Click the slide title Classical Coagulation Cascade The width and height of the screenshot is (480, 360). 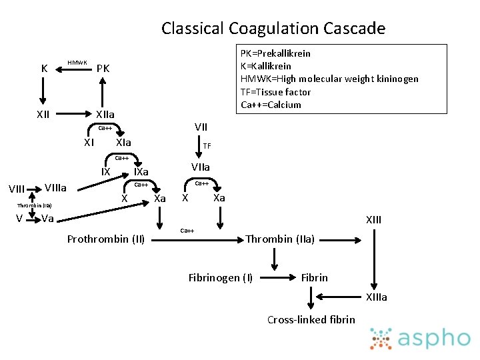(x=273, y=29)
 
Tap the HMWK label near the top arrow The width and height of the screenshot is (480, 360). (x=77, y=63)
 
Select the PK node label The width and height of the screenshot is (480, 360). (x=103, y=69)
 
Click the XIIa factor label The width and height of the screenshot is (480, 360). (x=105, y=114)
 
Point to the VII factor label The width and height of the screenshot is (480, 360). (x=201, y=127)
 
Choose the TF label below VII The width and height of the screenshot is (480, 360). (x=207, y=146)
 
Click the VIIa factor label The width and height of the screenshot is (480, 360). (x=200, y=167)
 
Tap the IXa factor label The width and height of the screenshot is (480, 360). (x=141, y=173)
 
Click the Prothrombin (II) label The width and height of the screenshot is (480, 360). (x=106, y=239)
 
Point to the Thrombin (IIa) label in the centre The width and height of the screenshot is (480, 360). (x=281, y=239)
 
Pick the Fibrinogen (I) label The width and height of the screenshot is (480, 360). (x=220, y=277)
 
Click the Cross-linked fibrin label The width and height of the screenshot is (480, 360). (x=311, y=319)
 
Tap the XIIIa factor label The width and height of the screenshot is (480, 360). (x=375, y=297)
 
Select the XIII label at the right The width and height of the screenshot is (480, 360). (x=373, y=220)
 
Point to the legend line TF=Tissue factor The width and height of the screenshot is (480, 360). (x=275, y=92)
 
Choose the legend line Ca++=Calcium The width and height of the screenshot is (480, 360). (x=271, y=105)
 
